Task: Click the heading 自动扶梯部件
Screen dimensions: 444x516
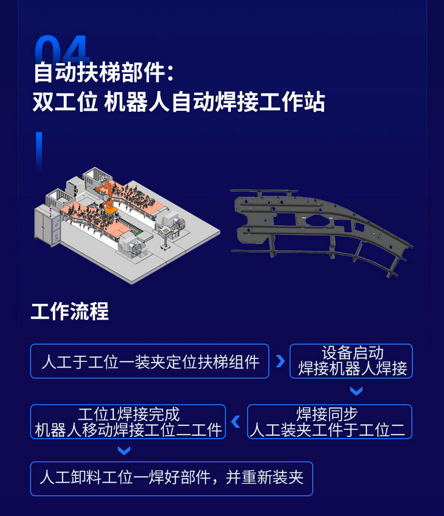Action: [99, 73]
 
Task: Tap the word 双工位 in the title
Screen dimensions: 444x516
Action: [65, 101]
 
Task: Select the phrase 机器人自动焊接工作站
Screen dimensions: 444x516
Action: [215, 101]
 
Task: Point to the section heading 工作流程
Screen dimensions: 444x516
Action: [70, 311]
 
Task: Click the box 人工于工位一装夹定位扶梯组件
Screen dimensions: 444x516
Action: [150, 361]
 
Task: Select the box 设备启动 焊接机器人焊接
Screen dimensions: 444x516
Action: [351, 361]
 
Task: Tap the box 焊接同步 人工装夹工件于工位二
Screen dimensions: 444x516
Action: [330, 421]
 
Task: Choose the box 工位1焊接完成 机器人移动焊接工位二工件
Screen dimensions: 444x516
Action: [128, 421]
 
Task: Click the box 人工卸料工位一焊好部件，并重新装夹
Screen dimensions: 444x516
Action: [171, 479]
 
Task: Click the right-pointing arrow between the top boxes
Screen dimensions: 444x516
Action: [280, 361]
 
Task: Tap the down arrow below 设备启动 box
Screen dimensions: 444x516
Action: [356, 391]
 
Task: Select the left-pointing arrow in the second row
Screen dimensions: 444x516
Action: [236, 421]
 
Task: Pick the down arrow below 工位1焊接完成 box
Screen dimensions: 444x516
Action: [124, 450]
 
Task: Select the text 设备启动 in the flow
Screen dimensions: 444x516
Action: [352, 353]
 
